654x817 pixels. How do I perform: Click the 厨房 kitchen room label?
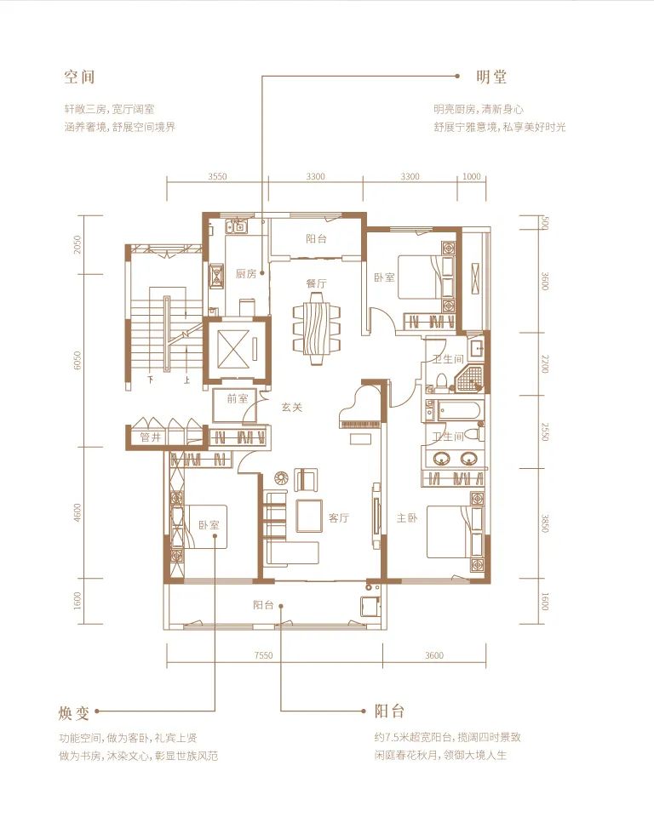[x=246, y=273]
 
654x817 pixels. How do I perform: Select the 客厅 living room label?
[x=339, y=517]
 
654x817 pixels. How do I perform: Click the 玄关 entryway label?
[x=292, y=407]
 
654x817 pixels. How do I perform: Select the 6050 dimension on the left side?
[x=77, y=360]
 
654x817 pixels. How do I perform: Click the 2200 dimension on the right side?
[x=544, y=364]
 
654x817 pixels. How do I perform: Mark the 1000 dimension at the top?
[x=472, y=178]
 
